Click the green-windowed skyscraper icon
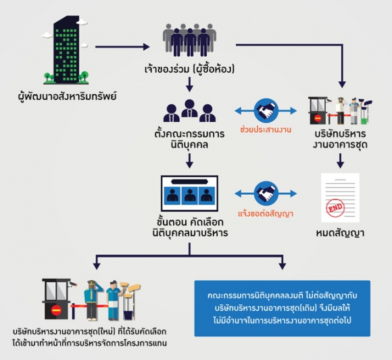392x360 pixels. click(66, 49)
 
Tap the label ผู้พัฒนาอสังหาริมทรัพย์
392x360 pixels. click(68, 96)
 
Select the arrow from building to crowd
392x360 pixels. click(122, 47)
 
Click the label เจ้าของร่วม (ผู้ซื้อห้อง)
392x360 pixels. click(189, 69)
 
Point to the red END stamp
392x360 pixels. click(335, 207)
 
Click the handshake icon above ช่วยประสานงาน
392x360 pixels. click(266, 110)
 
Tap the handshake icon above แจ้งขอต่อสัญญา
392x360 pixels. click(266, 194)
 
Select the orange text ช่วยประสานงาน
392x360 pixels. click(266, 130)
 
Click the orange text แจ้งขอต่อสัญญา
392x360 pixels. click(266, 214)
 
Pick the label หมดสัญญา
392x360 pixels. click(340, 233)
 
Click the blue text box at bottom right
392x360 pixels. click(283, 308)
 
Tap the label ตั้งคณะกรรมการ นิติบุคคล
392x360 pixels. click(189, 139)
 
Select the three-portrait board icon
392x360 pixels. click(189, 194)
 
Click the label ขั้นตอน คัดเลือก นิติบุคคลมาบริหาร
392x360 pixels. click(190, 227)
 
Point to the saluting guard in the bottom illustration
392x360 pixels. click(93, 300)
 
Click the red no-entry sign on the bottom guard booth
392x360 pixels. click(56, 311)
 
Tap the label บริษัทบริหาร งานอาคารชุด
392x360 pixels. click(340, 139)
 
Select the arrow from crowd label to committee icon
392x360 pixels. click(189, 85)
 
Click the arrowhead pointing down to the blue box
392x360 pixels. click(283, 266)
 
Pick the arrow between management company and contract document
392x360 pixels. click(340, 161)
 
